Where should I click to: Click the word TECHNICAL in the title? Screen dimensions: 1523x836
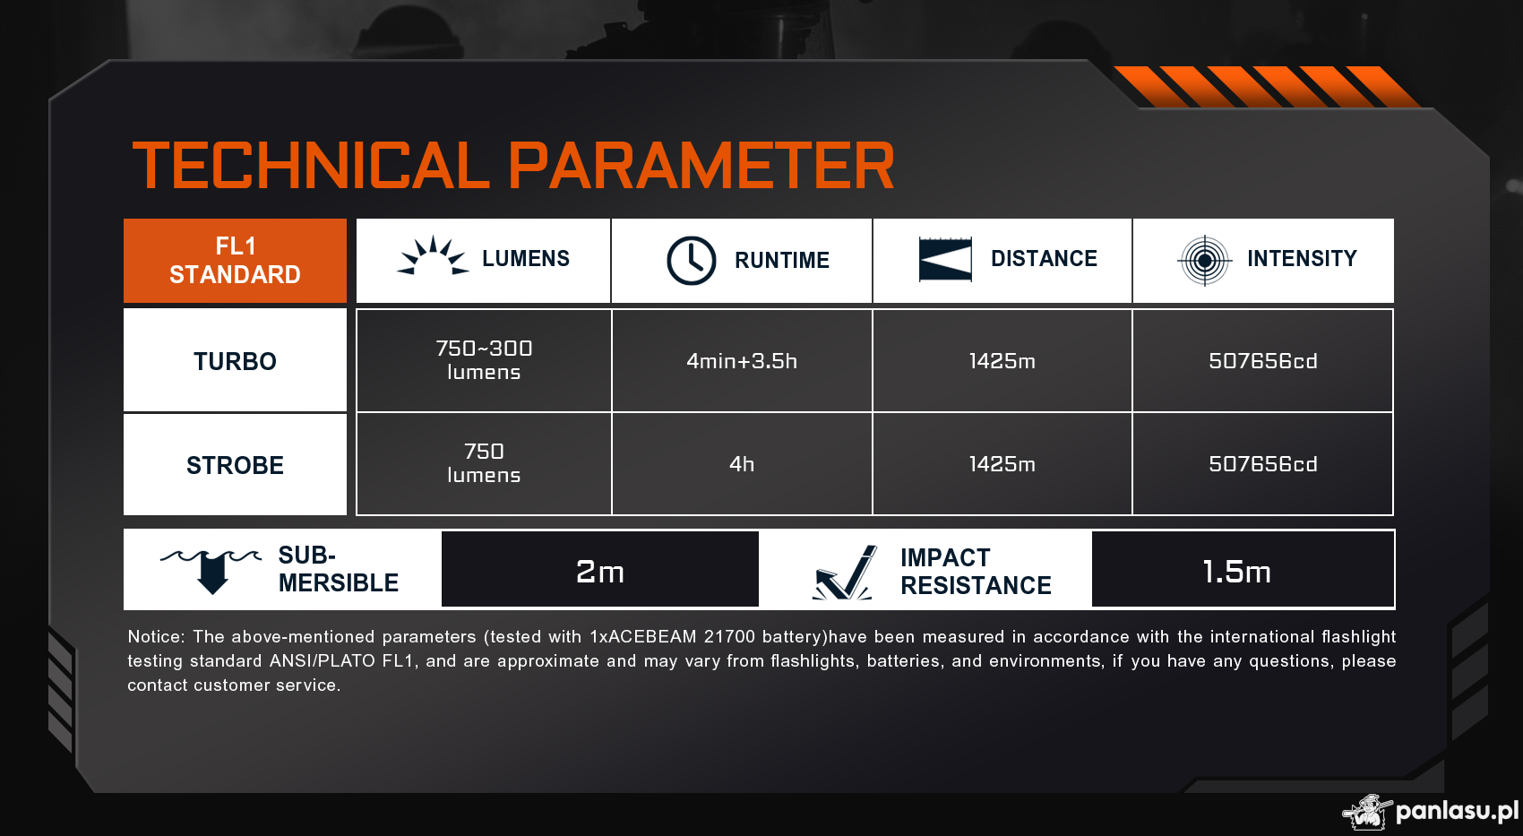[311, 165]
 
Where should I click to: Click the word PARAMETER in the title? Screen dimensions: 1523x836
[701, 165]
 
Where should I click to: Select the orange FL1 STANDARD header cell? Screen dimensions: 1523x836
[235, 261]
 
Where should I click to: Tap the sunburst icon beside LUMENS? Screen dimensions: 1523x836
[433, 255]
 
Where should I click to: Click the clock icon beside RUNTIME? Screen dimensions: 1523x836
[691, 261]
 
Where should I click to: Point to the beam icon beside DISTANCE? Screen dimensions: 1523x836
[945, 259]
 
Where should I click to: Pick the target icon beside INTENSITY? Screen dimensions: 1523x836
[1204, 261]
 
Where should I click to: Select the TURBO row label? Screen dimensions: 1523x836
[235, 361]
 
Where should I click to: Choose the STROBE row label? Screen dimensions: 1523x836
[235, 465]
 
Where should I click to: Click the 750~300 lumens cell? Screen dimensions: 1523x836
[484, 360]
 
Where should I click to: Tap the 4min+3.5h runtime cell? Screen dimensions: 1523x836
[741, 360]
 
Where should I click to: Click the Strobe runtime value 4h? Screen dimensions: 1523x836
[741, 464]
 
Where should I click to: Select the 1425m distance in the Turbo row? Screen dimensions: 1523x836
[1002, 360]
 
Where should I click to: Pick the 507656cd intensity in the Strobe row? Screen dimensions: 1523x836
[1262, 464]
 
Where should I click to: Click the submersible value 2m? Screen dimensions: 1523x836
[599, 572]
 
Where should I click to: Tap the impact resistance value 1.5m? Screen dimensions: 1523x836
[1236, 572]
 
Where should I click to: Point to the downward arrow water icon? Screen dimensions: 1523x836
[211, 571]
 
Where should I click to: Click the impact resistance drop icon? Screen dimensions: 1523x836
[843, 573]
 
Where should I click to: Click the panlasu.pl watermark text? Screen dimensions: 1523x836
[1457, 811]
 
